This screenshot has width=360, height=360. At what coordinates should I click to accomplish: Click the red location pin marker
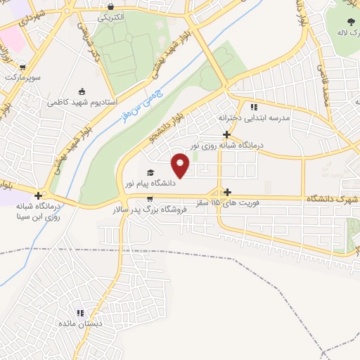coord(181,165)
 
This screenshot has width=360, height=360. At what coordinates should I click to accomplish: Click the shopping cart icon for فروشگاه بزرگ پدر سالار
coord(150,198)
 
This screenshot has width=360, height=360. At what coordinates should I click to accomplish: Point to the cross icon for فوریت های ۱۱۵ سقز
coord(226,192)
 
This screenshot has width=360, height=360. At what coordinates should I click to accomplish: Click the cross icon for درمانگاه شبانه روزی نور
coord(226,134)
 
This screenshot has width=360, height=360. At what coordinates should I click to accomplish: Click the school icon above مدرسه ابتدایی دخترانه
coord(253,107)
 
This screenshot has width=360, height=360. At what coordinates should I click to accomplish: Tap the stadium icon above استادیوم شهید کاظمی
coord(82,91)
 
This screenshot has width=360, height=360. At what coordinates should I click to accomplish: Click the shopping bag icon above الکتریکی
coord(110,6)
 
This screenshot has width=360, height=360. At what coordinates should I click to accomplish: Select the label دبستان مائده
coord(80,323)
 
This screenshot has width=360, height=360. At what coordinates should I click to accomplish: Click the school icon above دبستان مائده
coord(80,313)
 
